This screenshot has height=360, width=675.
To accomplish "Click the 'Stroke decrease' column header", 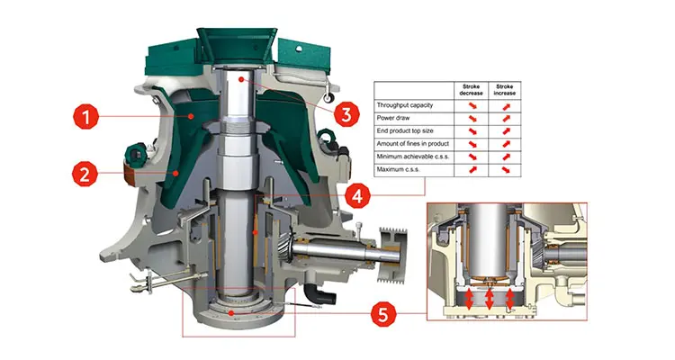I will [x=468, y=89].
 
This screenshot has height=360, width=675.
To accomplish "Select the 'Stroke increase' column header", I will [x=506, y=89].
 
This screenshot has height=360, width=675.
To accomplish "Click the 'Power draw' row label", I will [x=397, y=119].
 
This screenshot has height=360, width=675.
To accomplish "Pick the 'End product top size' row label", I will [x=409, y=131].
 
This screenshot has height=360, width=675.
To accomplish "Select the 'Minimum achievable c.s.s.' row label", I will [x=416, y=157].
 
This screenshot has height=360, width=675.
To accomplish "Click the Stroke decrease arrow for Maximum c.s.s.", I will [x=468, y=169].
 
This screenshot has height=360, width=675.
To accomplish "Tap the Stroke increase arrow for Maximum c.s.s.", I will [x=506, y=169].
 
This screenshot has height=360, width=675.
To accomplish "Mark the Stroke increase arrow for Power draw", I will [x=506, y=119].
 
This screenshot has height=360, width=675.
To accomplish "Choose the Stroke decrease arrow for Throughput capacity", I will [x=468, y=106].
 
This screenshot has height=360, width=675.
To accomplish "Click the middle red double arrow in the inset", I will [x=490, y=298].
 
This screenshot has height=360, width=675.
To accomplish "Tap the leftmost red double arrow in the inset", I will [x=467, y=298].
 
